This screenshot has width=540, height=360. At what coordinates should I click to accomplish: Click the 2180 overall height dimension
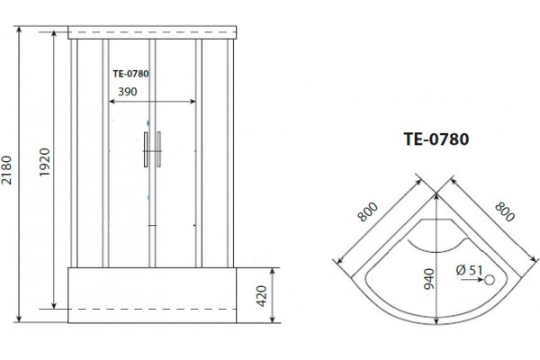6,170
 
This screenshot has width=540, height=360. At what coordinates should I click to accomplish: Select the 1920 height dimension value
45,162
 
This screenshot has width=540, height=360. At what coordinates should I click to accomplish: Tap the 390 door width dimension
128,92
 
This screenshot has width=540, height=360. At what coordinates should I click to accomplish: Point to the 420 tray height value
262,296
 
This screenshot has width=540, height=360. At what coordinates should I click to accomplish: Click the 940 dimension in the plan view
429,279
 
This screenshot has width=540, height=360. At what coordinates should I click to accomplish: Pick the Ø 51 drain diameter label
470,270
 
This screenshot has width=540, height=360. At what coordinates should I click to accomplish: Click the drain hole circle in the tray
490,280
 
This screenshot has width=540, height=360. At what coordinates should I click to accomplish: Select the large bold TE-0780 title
436,139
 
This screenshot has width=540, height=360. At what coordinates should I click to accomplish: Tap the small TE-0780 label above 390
130,74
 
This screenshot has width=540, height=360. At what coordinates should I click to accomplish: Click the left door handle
146,149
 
